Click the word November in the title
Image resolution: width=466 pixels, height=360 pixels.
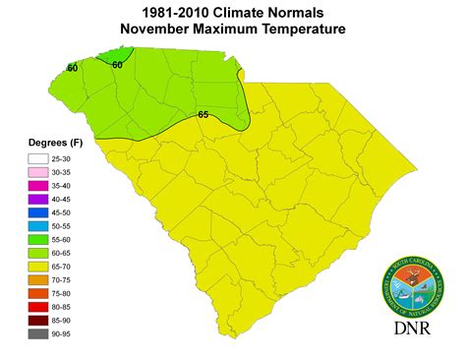point(160,30)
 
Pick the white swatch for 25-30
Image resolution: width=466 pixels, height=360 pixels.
point(38,157)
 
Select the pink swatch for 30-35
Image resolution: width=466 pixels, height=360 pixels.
point(38,171)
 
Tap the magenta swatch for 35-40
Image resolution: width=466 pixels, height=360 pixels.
point(38,185)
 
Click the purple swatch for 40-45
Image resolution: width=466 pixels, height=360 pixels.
point(38,199)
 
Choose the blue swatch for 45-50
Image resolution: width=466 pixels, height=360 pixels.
point(38,212)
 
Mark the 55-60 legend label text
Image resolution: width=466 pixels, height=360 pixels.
point(72,239)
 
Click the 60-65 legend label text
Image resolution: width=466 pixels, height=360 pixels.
point(72,253)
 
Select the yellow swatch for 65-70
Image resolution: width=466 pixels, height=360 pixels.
point(38,267)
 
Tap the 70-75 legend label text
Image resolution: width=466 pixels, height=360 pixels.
point(72,280)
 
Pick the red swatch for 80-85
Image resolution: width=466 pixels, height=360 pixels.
point(38,308)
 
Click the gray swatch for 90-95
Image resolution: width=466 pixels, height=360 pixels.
point(38,334)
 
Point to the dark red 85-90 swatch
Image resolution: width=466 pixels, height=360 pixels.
point(38,321)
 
